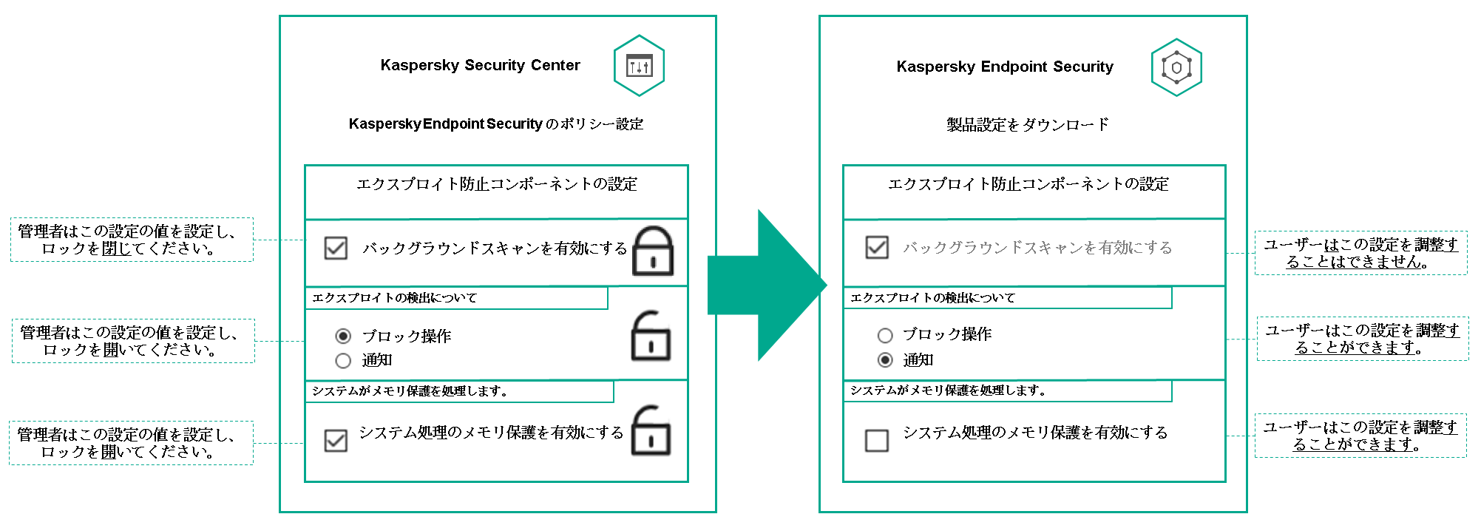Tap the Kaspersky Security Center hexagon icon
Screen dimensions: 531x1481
(x=639, y=66)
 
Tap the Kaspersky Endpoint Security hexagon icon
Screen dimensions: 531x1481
(x=1176, y=67)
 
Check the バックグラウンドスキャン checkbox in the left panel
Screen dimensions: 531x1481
(x=336, y=248)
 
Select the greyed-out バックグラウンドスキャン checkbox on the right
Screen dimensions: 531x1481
(x=877, y=247)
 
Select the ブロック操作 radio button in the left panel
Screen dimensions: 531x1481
(x=343, y=336)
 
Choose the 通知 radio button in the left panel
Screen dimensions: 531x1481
(x=343, y=361)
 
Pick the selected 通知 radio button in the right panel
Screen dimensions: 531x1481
(x=885, y=360)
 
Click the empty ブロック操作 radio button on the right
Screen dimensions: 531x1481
(x=885, y=335)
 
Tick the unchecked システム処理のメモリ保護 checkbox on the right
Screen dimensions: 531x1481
(x=877, y=440)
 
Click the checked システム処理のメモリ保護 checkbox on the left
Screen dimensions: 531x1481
(x=336, y=440)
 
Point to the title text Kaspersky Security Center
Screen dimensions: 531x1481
(x=480, y=65)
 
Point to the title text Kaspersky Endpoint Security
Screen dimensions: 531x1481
(x=1004, y=67)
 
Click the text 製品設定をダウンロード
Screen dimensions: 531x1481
(x=1028, y=124)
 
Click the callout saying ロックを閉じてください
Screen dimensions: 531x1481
(x=132, y=240)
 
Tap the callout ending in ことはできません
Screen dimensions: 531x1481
(x=1360, y=253)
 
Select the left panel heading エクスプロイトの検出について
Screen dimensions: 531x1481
(x=395, y=298)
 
